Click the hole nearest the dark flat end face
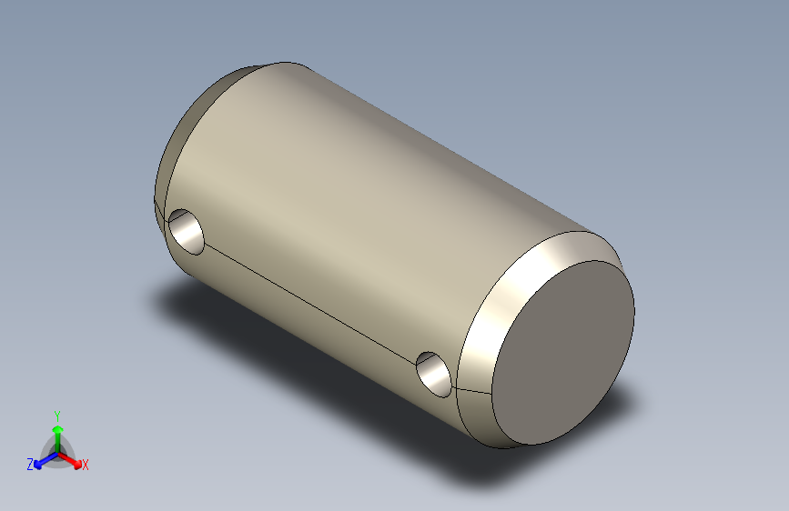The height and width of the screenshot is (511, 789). pyautogui.click(x=434, y=373)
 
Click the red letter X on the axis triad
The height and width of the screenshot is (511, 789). pyautogui.click(x=86, y=466)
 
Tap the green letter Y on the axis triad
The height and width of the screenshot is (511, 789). pyautogui.click(x=56, y=415)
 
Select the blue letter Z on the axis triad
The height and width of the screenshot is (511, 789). pyautogui.click(x=30, y=465)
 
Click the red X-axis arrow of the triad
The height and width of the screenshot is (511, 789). pyautogui.click(x=73, y=460)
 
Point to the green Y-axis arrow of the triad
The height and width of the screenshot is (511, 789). pyautogui.click(x=56, y=432)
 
